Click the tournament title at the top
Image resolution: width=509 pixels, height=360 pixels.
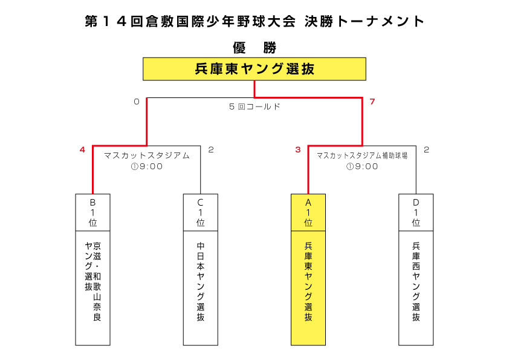(254, 21)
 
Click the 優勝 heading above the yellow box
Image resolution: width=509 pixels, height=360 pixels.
(254, 48)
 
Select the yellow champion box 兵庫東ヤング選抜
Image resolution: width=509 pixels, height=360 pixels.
(254, 69)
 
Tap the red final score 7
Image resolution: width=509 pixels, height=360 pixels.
(372, 102)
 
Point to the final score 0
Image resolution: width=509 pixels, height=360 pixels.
(137, 102)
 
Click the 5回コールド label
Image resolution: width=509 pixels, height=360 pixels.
(254, 106)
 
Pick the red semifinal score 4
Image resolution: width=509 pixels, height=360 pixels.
(82, 149)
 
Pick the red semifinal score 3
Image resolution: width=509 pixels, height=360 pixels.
(298, 149)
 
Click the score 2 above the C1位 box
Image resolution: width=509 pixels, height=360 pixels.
(211, 149)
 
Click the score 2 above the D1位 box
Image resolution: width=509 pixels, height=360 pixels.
(426, 149)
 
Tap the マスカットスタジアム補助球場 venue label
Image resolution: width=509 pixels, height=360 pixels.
(362, 155)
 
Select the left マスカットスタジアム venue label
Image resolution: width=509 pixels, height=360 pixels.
(147, 155)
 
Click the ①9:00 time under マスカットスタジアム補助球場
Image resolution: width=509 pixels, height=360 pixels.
(362, 166)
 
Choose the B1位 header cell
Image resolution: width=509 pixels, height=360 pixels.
(92, 212)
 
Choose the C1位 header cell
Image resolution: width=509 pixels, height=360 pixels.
(200, 212)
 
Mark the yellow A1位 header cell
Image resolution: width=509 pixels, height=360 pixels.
(308, 212)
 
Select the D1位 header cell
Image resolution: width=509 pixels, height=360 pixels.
(416, 212)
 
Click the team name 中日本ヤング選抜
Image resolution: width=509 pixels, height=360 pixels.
(200, 281)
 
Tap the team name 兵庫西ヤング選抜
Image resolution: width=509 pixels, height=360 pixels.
(416, 281)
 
